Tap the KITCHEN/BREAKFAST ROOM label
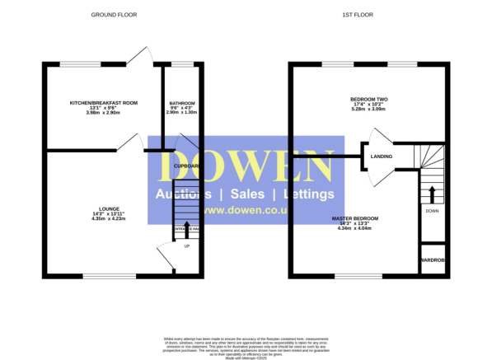coord(103,102)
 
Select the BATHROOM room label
coord(181,102)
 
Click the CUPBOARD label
coord(186,166)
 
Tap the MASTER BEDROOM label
coord(355,217)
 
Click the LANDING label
coord(382,156)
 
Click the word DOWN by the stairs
coord(432,211)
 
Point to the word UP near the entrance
coord(186,246)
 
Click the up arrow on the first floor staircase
coord(432,194)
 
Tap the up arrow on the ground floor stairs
coord(185,228)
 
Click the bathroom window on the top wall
coord(181,64)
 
